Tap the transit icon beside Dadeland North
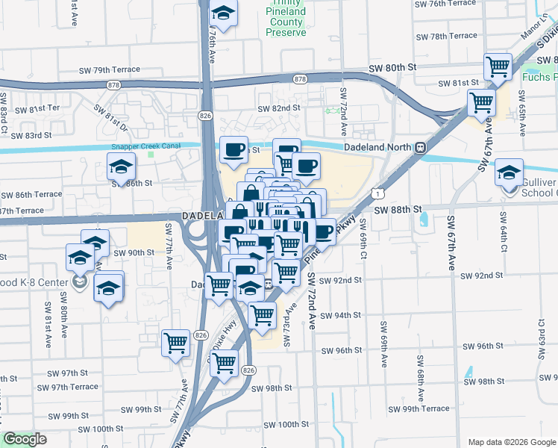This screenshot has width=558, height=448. tap(421, 147)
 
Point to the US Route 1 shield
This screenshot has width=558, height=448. tap(380, 193)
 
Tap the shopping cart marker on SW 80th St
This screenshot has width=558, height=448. tap(498, 67)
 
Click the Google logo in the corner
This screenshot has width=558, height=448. tap(25, 439)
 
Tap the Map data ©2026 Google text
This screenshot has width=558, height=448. tap(511, 442)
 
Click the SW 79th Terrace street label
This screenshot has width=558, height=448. tap(110, 69)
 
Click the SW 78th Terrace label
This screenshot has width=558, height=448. tap(446, 36)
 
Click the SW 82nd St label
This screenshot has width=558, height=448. tap(278, 108)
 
